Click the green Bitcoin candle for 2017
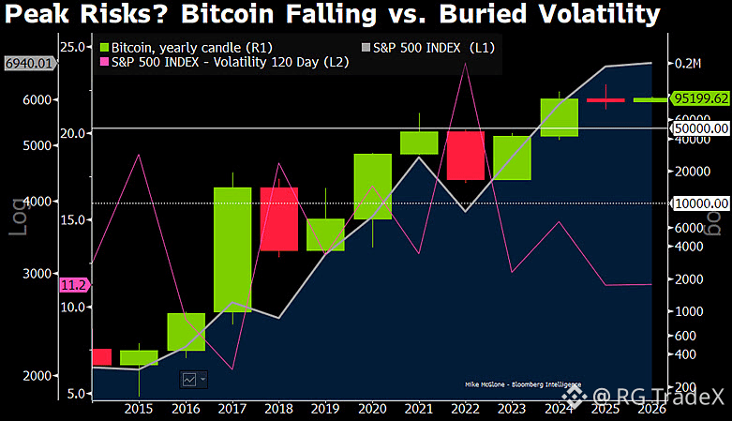[232, 249]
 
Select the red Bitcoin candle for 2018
[278, 219]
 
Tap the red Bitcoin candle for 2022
[465, 155]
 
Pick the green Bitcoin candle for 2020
[372, 187]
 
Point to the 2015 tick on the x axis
[139, 409]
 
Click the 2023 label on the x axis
[513, 409]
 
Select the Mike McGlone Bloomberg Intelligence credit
[522, 384]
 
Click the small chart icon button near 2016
[194, 379]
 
